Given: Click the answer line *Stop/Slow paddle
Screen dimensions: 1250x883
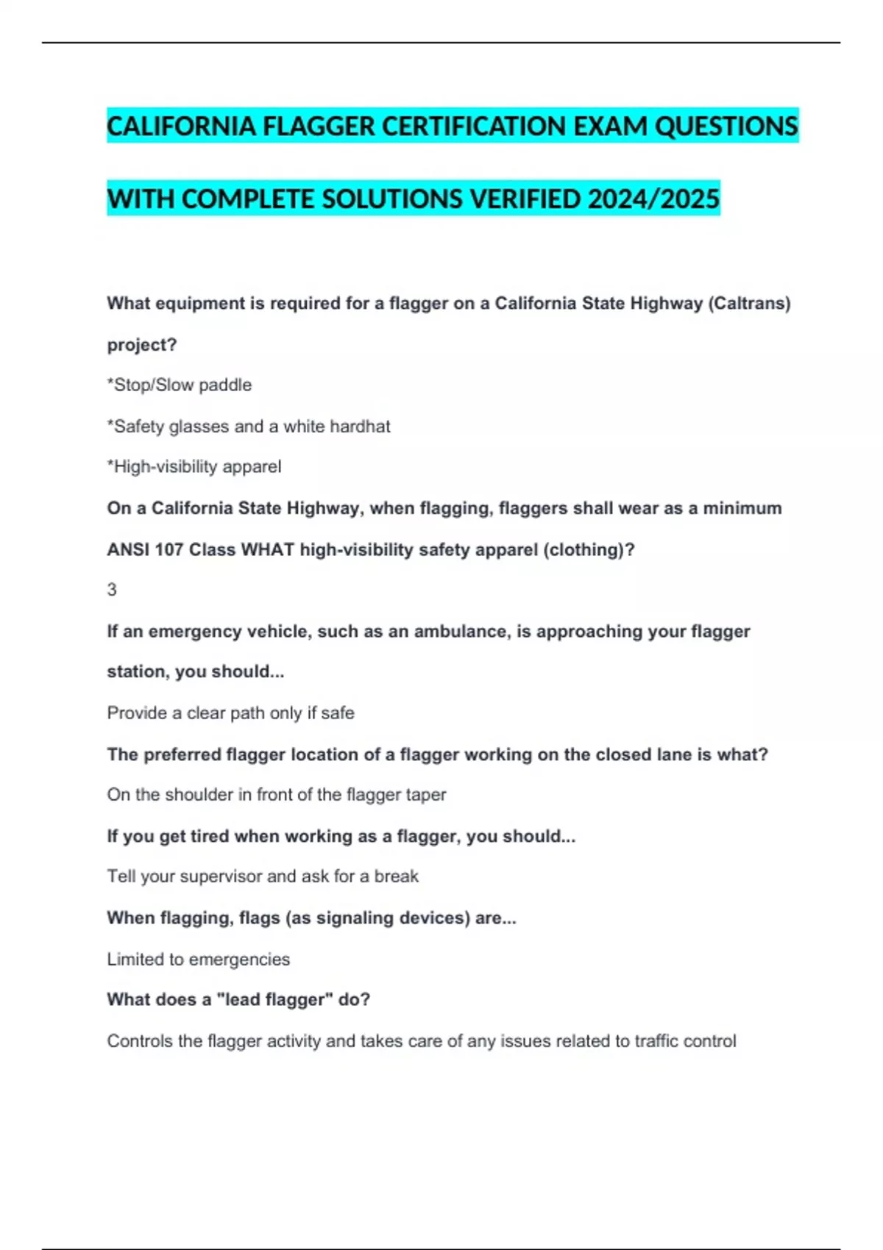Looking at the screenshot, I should pos(180,385).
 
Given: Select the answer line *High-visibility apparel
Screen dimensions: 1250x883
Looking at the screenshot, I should pos(194,466).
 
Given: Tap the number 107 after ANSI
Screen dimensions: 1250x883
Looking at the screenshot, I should pos(169,549).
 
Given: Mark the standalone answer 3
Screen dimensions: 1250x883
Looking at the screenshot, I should pos(112,590).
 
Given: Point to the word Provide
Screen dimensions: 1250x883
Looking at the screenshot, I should pos(137,712).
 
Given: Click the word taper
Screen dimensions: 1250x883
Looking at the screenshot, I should pos(426,794).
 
